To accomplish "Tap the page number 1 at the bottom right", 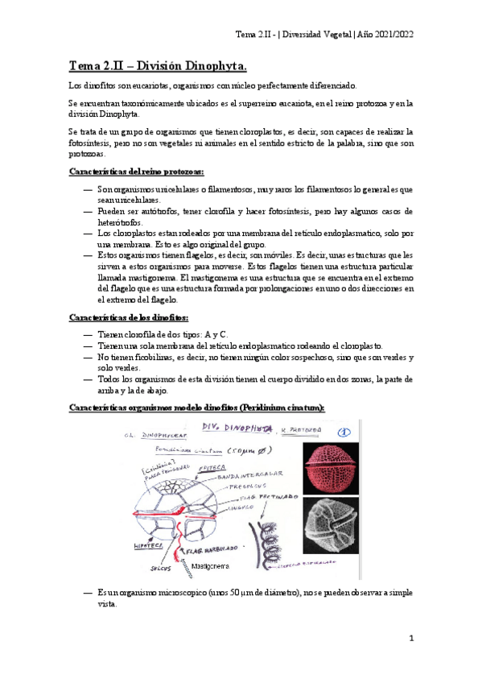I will click(x=410, y=638).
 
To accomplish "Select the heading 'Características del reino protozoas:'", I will click(x=137, y=172).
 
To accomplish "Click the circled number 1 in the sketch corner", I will click(x=341, y=430).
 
